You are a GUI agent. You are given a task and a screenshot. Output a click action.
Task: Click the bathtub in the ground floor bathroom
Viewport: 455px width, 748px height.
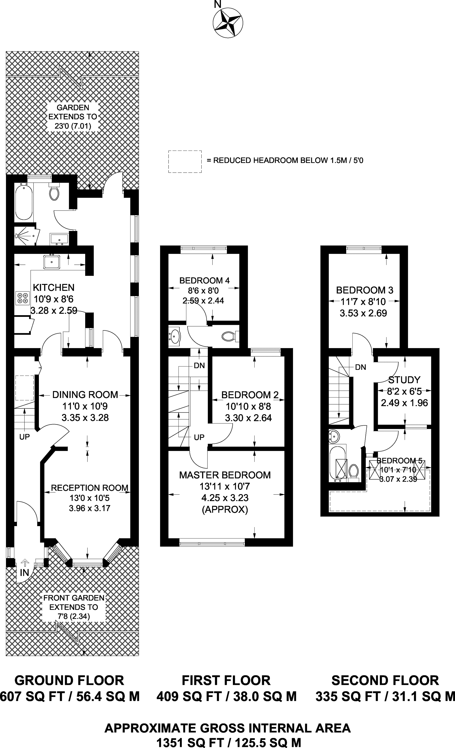(24, 202)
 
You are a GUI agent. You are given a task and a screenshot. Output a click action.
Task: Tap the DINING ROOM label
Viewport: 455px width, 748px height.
(85, 395)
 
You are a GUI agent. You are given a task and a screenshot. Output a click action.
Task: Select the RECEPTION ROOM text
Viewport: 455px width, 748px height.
(90, 488)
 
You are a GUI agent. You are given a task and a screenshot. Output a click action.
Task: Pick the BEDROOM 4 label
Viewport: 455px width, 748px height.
(205, 280)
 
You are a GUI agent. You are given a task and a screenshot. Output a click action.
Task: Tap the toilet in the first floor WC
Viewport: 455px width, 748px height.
(229, 336)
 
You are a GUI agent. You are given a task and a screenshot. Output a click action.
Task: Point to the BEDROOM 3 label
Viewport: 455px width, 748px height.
(365, 290)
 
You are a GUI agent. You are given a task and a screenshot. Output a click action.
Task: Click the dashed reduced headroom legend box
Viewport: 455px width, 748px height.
(185, 162)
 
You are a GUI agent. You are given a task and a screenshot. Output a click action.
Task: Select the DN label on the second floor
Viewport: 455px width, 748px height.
(361, 367)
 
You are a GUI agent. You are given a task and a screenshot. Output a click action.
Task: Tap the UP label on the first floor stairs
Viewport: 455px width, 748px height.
(199, 437)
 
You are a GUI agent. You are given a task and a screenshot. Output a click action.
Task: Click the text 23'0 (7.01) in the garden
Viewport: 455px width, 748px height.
(73, 126)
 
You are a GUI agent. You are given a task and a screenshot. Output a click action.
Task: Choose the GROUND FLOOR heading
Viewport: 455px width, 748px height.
(69, 680)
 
